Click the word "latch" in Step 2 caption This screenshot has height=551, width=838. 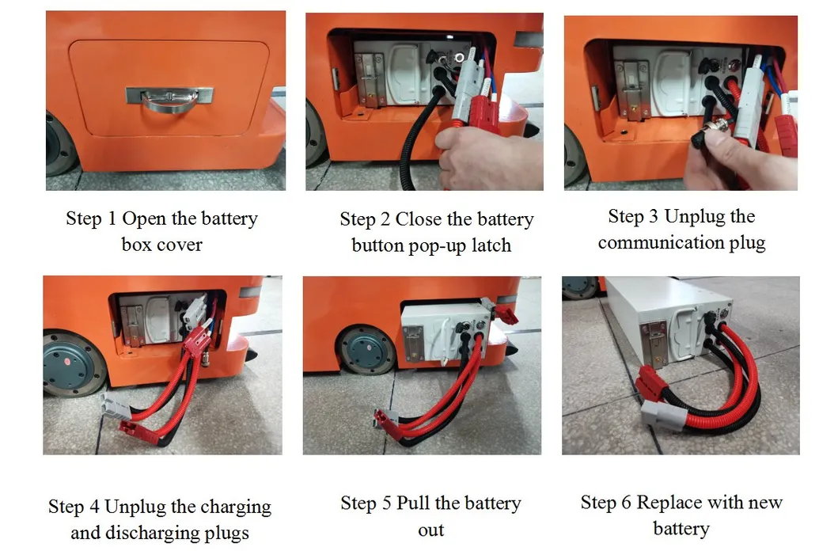tap(486, 245)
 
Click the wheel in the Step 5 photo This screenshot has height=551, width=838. tap(366, 349)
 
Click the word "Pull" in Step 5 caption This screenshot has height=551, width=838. tap(416, 503)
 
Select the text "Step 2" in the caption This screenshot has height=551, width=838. tap(365, 219)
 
